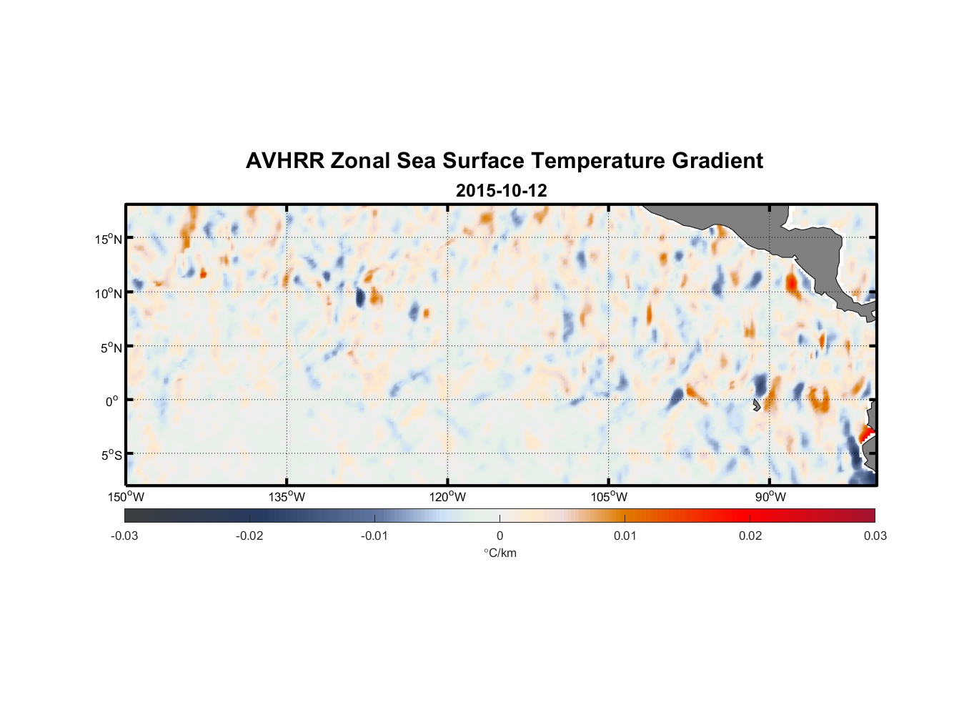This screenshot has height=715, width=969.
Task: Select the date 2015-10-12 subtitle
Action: (501, 191)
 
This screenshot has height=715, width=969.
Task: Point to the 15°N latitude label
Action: (109, 239)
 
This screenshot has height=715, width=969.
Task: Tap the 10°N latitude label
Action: (109, 293)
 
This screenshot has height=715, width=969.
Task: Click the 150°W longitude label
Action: (126, 497)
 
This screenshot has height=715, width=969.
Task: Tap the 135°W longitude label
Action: (287, 497)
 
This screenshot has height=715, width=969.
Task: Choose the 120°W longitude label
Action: (447, 497)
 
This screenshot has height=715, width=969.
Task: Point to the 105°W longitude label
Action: (609, 497)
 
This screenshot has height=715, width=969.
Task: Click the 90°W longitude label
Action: (770, 497)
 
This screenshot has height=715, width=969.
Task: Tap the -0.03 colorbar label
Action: (124, 536)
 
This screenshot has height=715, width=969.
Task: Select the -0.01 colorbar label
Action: (374, 536)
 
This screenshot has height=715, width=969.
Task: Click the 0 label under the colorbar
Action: (500, 536)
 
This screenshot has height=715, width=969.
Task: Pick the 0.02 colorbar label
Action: (750, 536)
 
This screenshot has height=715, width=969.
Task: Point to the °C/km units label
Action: (500, 553)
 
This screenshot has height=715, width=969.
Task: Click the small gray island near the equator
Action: (756, 405)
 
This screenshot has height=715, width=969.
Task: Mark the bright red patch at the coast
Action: (866, 433)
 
